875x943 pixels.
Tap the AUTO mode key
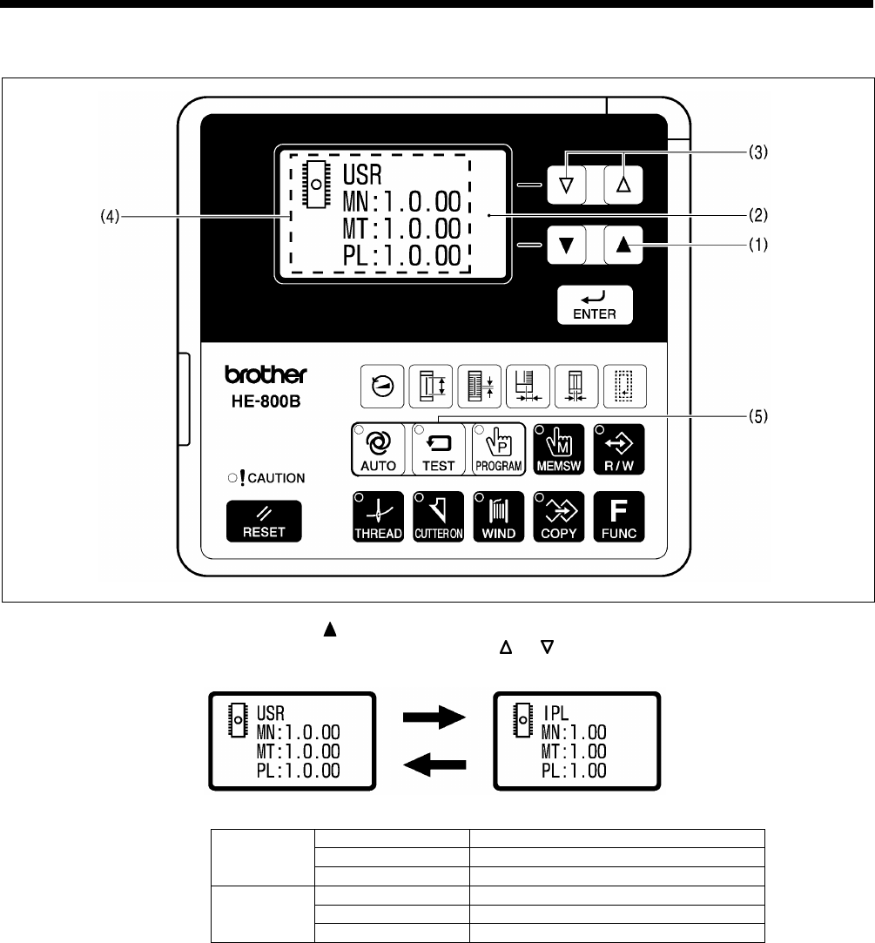tap(379, 449)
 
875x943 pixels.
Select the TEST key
tap(439, 449)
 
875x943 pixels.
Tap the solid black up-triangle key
tap(622, 246)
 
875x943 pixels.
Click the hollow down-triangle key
tap(567, 184)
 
